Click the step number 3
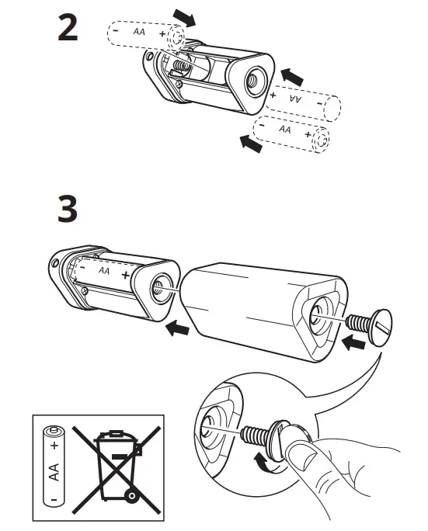coord(68,209)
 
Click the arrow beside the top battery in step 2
coord(185,16)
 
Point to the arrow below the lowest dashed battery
coord(249,143)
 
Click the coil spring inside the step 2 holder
coord(180,66)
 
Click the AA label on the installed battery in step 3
coord(104,272)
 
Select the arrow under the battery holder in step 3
coord(178,328)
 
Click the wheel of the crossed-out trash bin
coord(134,494)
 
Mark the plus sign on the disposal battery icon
coord(54,446)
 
